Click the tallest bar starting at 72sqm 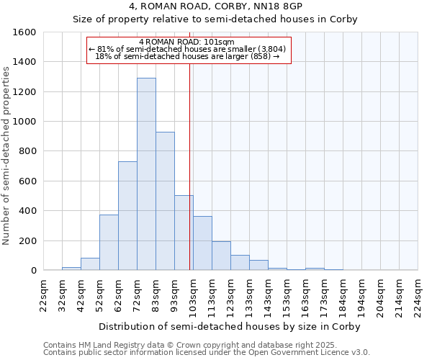pos(146,174)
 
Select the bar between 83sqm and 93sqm pos(165,201)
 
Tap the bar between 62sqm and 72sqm pos(127,216)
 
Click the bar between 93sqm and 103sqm pos(184,233)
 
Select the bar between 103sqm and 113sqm pos(202,243)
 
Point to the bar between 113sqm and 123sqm pos(221,256)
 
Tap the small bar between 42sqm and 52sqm pos(90,264)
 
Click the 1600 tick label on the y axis pos(24,32)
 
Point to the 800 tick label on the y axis pos(27,151)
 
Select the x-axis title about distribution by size pos(229,326)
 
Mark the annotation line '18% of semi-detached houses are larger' pos(187,55)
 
